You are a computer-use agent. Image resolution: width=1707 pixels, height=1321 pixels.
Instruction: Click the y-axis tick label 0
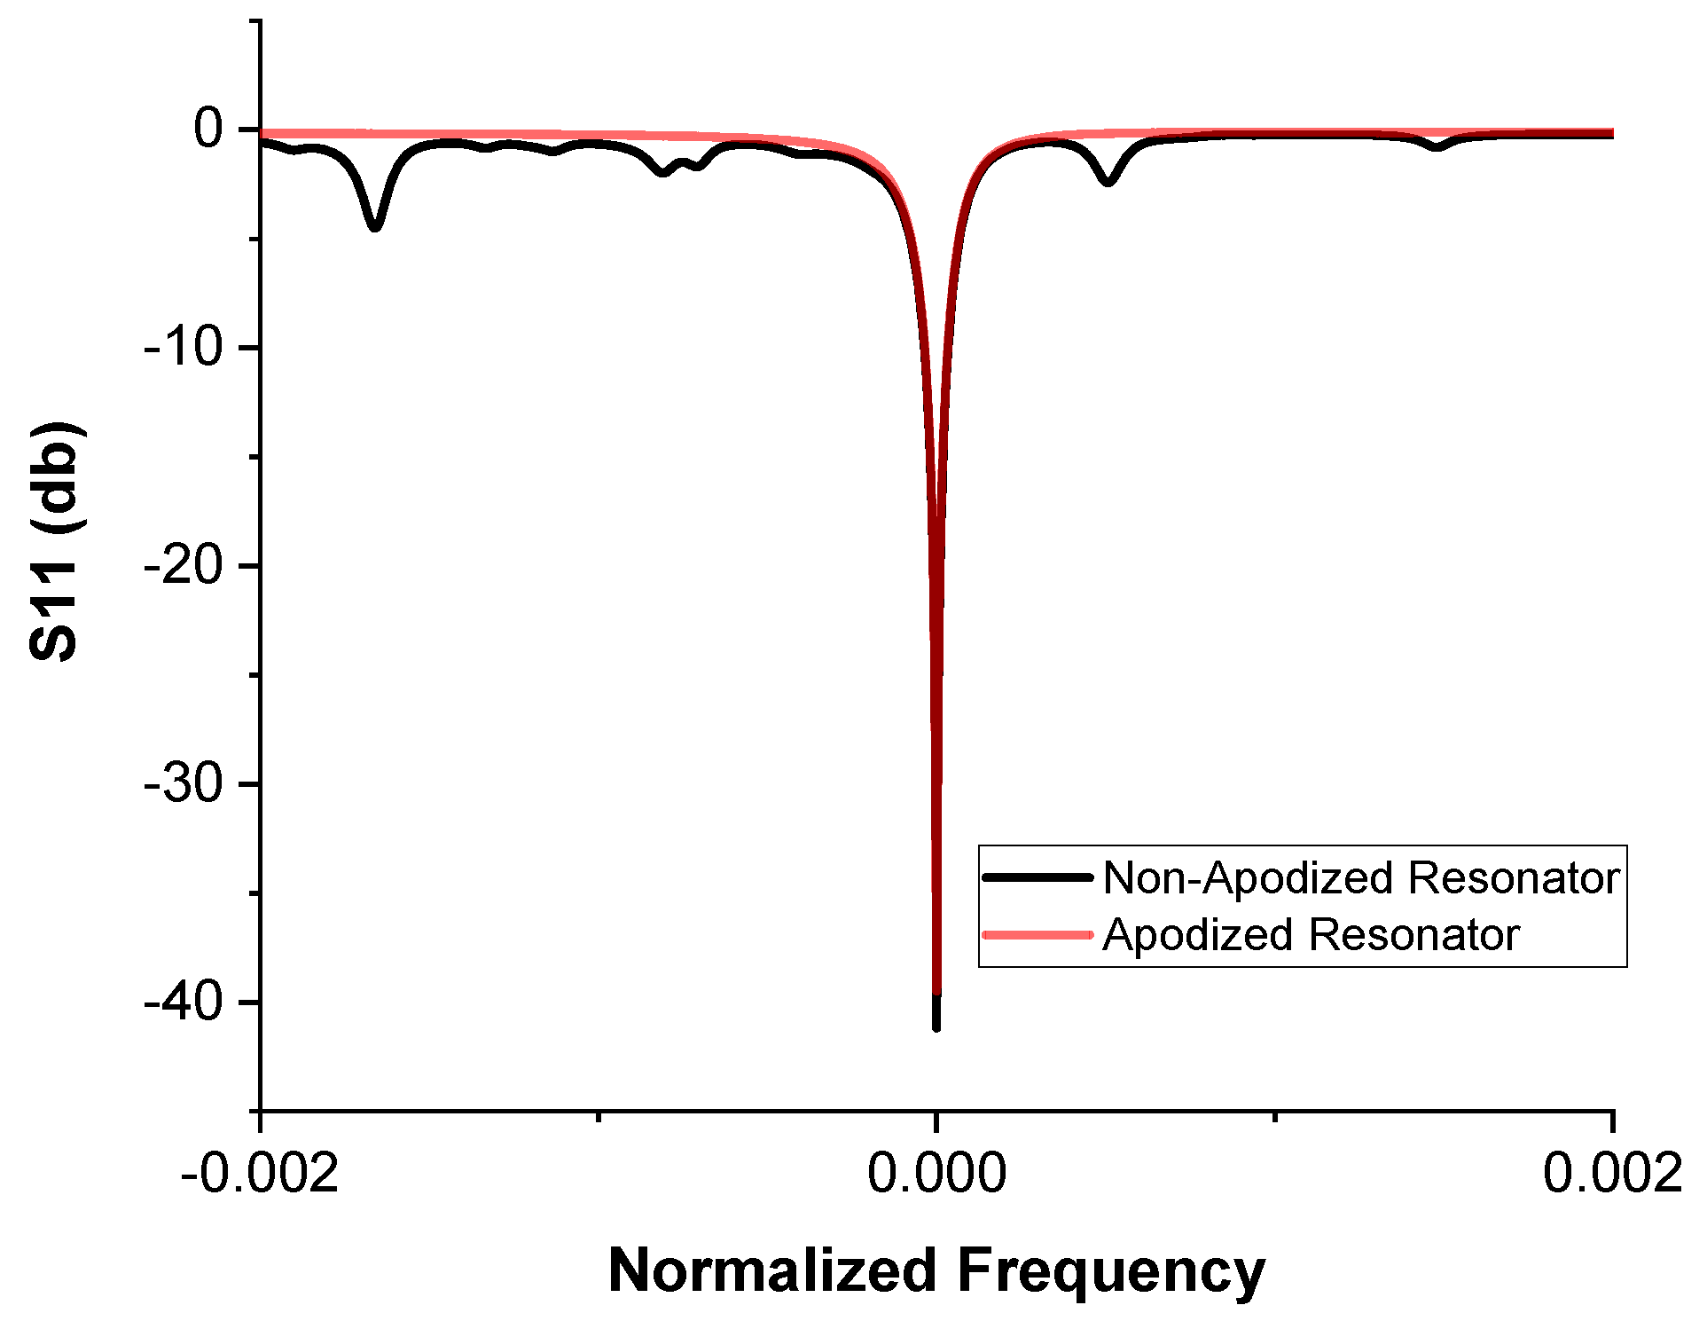(209, 130)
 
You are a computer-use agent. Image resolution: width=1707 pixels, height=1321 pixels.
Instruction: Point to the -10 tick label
(184, 347)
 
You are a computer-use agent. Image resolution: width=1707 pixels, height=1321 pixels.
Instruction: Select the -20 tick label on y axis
(184, 566)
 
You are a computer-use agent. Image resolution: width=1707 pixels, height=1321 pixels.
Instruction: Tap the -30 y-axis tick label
(184, 784)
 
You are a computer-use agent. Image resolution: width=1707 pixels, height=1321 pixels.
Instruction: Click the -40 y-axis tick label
(184, 1003)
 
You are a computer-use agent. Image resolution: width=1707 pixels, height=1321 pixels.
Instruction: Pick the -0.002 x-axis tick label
(260, 1173)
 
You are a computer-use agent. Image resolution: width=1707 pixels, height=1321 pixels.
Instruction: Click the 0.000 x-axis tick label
(936, 1173)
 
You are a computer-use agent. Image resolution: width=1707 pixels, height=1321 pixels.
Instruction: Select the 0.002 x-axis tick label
(1612, 1173)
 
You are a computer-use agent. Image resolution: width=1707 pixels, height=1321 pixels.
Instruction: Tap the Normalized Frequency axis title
(936, 1270)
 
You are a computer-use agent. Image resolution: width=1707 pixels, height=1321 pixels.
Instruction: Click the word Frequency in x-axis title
(1111, 1270)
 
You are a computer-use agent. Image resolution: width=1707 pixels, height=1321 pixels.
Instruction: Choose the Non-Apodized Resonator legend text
(1361, 877)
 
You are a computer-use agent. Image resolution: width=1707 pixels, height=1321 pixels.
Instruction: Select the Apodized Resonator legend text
(1311, 934)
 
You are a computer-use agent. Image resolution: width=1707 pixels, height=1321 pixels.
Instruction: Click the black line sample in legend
(1038, 877)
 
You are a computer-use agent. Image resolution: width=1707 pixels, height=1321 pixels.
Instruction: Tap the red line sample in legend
(1038, 934)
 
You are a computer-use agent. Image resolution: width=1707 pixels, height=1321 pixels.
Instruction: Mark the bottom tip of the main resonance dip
(936, 1026)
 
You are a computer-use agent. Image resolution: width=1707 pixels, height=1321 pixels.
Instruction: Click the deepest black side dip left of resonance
(375, 226)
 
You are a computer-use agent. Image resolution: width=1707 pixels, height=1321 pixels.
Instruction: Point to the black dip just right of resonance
(1108, 181)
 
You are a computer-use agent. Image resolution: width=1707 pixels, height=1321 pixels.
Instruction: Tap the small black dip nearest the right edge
(1437, 146)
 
